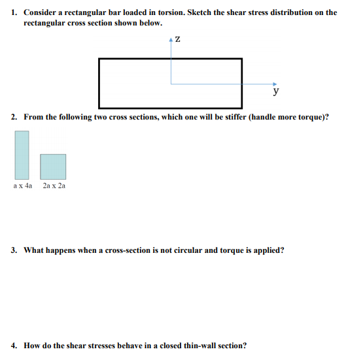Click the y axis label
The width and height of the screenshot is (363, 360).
[x=277, y=91]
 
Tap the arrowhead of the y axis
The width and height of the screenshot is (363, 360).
[x=275, y=84]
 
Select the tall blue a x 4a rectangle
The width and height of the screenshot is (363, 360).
[x=22, y=155]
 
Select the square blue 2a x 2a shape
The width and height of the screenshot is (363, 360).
[x=53, y=167]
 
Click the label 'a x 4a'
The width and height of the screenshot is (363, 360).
[x=22, y=186]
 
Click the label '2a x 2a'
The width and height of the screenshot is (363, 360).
[x=54, y=186]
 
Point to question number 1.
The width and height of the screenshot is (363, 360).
[x=14, y=12]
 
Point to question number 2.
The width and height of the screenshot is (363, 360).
[x=14, y=117]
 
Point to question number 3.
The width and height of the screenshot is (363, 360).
[x=14, y=250]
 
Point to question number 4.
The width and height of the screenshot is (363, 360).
[x=14, y=345]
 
